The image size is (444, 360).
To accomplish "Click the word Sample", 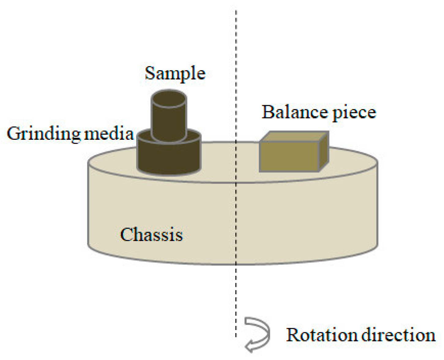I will pyautogui.click(x=175, y=74).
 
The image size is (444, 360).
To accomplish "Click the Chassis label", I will pyautogui.click(x=151, y=235).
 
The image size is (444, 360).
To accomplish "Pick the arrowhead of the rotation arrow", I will pyautogui.click(x=250, y=347).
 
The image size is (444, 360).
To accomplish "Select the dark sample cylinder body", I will pyautogui.click(x=169, y=122).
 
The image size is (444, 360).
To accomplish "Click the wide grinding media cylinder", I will pyautogui.click(x=169, y=159).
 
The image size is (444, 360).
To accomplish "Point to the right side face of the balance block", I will pyautogui.click(x=324, y=151).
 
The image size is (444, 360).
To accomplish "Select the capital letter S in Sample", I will pyautogui.click(x=150, y=73).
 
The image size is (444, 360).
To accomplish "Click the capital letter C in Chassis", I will pyautogui.click(x=126, y=235).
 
